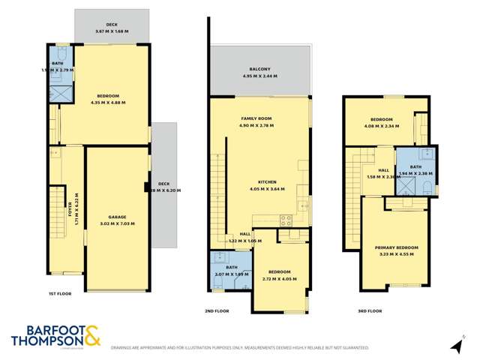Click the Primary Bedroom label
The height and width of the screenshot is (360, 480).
tap(397, 247)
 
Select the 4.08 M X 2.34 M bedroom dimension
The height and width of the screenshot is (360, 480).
tap(382, 125)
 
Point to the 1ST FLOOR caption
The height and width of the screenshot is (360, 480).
tap(60, 293)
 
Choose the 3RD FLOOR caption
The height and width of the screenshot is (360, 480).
tap(370, 310)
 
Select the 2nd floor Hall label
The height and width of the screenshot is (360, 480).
tap(244, 234)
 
